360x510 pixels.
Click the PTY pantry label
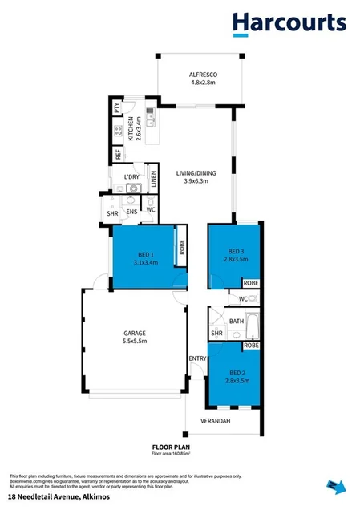(117, 107)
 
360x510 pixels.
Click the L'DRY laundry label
(131, 177)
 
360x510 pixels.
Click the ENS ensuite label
(131, 212)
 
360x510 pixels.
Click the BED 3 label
(236, 250)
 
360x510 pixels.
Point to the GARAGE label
(133, 337)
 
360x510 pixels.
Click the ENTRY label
(196, 358)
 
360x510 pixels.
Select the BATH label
(236, 321)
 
